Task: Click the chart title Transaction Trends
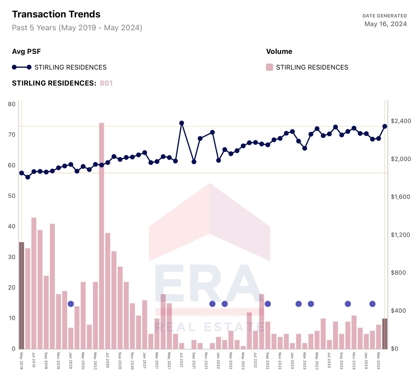[x=56, y=14]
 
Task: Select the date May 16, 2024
[x=385, y=24]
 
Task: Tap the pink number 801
[x=106, y=83]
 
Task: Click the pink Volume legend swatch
[x=269, y=67]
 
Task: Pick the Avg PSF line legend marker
[x=21, y=67]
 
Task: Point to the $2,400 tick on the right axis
[x=401, y=121]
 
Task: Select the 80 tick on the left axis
[x=12, y=104]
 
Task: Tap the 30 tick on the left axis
[x=12, y=257]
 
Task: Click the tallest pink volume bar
[x=101, y=235]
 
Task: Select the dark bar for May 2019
[x=22, y=295]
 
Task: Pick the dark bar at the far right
[x=385, y=333]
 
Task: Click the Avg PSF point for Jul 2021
[x=181, y=123]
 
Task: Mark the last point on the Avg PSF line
[x=385, y=126]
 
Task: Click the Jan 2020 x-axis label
[x=71, y=360]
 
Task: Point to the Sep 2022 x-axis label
[x=267, y=360]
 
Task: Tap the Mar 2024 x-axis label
[x=378, y=361]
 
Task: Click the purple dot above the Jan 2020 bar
[x=71, y=304]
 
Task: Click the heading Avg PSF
[x=26, y=52]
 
